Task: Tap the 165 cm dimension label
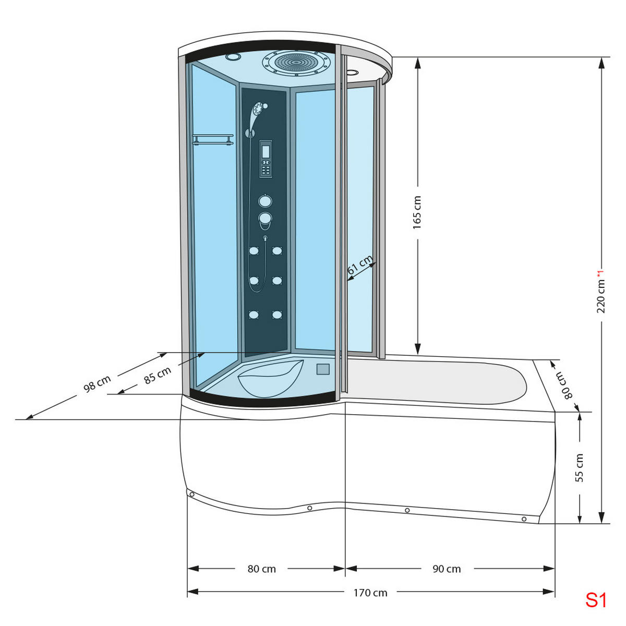click(x=417, y=212)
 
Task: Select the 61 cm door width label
click(x=359, y=266)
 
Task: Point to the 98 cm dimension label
click(x=97, y=383)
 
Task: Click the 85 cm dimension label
click(x=158, y=375)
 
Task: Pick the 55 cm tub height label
click(x=579, y=467)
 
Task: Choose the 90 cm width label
click(x=447, y=569)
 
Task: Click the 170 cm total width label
click(x=370, y=593)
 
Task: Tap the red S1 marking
click(x=596, y=600)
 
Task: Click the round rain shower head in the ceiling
click(x=296, y=62)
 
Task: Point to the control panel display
click(x=266, y=152)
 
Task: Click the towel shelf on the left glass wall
click(x=212, y=139)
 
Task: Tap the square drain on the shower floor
click(x=323, y=369)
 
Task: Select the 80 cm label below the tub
click(x=262, y=569)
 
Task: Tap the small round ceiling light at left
click(x=232, y=56)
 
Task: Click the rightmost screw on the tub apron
click(x=524, y=519)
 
